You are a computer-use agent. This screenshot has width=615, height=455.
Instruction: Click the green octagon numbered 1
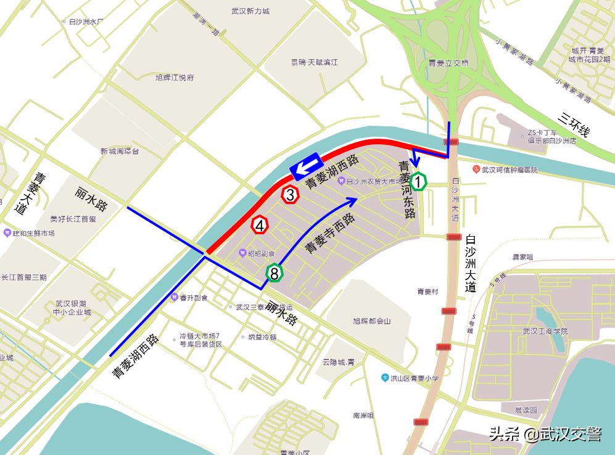point(418,182)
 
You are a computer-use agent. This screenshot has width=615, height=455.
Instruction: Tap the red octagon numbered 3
point(290,195)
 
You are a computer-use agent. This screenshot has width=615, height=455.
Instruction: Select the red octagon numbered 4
point(260,226)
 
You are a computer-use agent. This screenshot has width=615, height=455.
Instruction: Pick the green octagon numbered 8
point(274,273)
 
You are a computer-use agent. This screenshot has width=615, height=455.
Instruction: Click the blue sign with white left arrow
point(305,166)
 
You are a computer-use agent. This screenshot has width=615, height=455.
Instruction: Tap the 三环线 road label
point(573,123)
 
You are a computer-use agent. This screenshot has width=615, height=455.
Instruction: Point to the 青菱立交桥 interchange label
point(448,63)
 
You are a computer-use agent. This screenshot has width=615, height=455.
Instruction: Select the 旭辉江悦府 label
point(175,78)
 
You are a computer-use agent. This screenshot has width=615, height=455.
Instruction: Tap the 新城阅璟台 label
point(120,151)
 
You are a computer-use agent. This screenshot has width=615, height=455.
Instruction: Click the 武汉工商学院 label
point(544,331)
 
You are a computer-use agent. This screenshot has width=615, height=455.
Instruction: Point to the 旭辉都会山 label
point(371,321)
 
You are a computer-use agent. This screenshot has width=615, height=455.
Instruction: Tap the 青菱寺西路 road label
point(329,234)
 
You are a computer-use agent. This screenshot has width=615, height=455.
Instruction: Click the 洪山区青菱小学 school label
point(414,378)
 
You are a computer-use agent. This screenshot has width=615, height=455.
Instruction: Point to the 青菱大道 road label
point(30,193)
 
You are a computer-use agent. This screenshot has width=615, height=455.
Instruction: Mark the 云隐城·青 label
point(338,362)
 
